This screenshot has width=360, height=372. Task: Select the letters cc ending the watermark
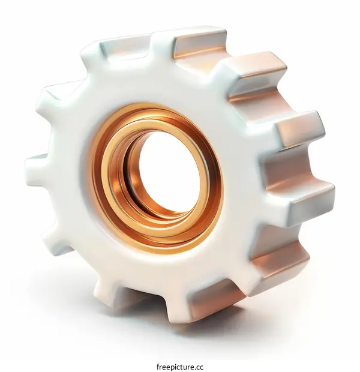click(199, 366)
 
